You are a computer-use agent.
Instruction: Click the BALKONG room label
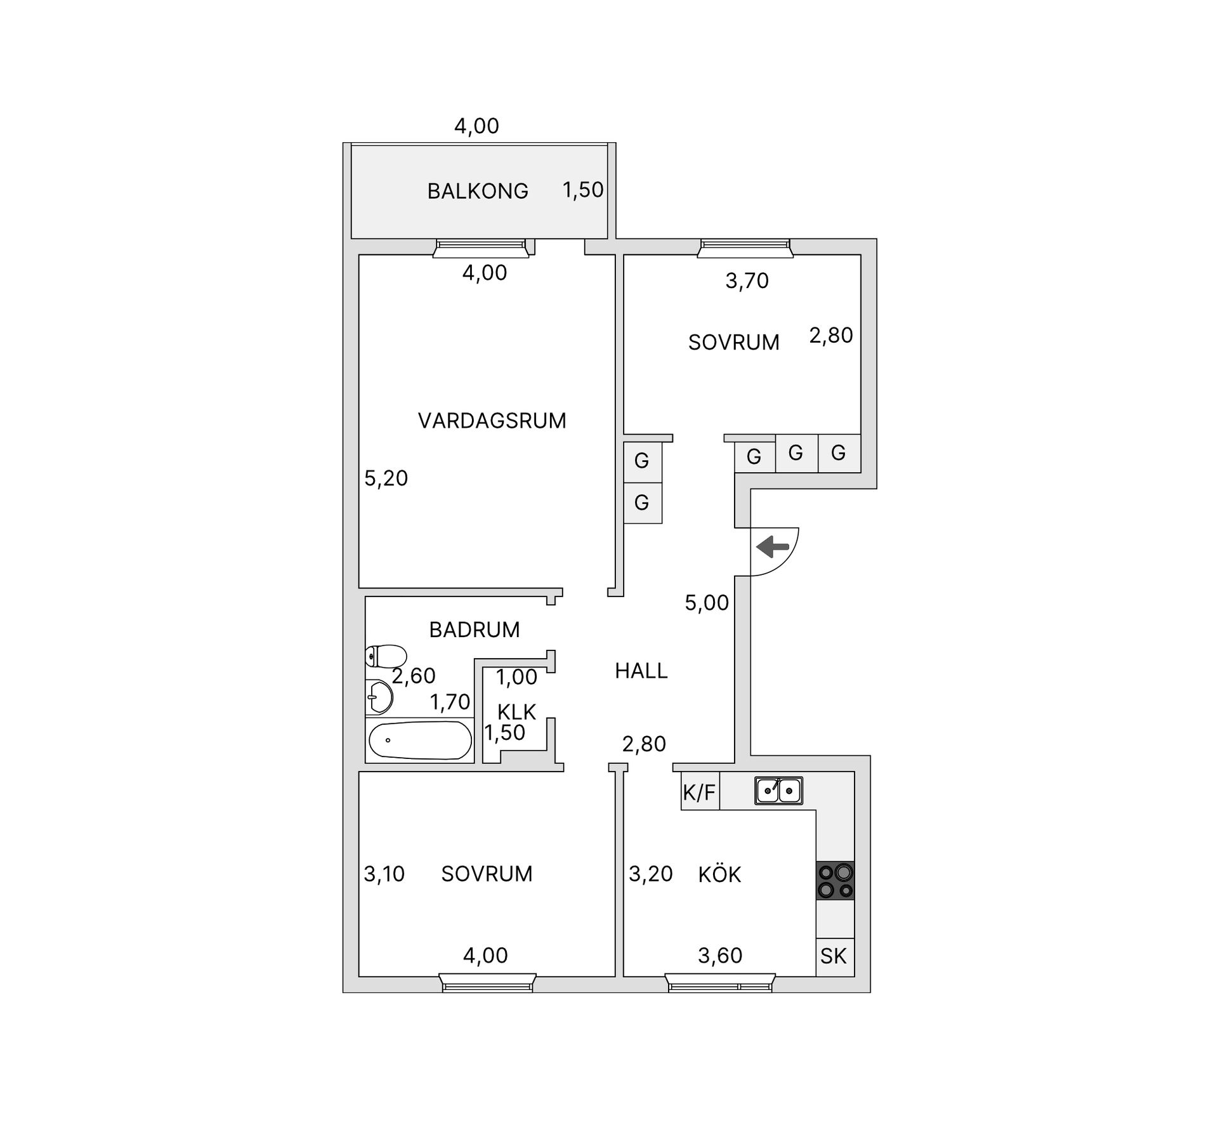478,191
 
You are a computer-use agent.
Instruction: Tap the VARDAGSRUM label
492,421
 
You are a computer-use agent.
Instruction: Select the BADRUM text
475,630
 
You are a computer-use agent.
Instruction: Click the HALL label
641,671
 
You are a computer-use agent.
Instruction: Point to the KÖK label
719,874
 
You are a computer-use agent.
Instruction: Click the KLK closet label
517,712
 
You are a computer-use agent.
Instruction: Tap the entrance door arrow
773,546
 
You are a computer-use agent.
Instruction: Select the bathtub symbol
420,740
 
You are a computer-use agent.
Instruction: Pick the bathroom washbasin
379,697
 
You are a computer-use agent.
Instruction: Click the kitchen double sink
778,791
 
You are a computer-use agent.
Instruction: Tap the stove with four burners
835,881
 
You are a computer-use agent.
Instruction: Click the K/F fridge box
700,791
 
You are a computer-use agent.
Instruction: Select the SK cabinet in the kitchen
834,956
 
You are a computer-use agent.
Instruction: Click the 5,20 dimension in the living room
386,478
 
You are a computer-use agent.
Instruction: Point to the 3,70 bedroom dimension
747,280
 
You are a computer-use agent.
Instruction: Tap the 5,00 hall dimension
707,602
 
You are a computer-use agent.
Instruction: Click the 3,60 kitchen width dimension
720,955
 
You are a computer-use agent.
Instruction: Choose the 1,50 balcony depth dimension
583,190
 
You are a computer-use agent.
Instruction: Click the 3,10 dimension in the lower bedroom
384,874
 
